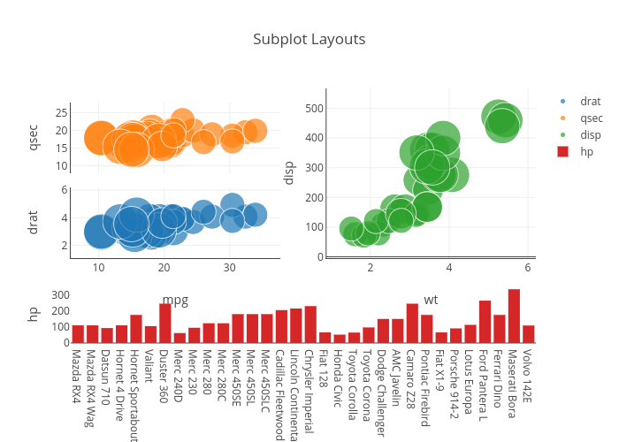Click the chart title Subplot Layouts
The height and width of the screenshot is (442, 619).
click(309, 40)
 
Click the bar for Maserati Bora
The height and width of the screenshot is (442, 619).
click(514, 316)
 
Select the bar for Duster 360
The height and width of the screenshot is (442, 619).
click(165, 324)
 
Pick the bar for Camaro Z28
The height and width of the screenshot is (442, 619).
click(412, 324)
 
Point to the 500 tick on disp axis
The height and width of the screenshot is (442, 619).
click(311, 109)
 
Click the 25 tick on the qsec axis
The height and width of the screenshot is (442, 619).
click(62, 112)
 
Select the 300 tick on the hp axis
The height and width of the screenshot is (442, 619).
click(60, 295)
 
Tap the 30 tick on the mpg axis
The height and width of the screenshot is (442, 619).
click(229, 268)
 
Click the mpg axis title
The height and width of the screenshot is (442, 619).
click(175, 301)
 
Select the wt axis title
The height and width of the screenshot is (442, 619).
click(431, 301)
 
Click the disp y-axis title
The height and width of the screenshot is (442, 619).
click(288, 172)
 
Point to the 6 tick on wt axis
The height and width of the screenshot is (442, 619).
click(527, 268)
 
